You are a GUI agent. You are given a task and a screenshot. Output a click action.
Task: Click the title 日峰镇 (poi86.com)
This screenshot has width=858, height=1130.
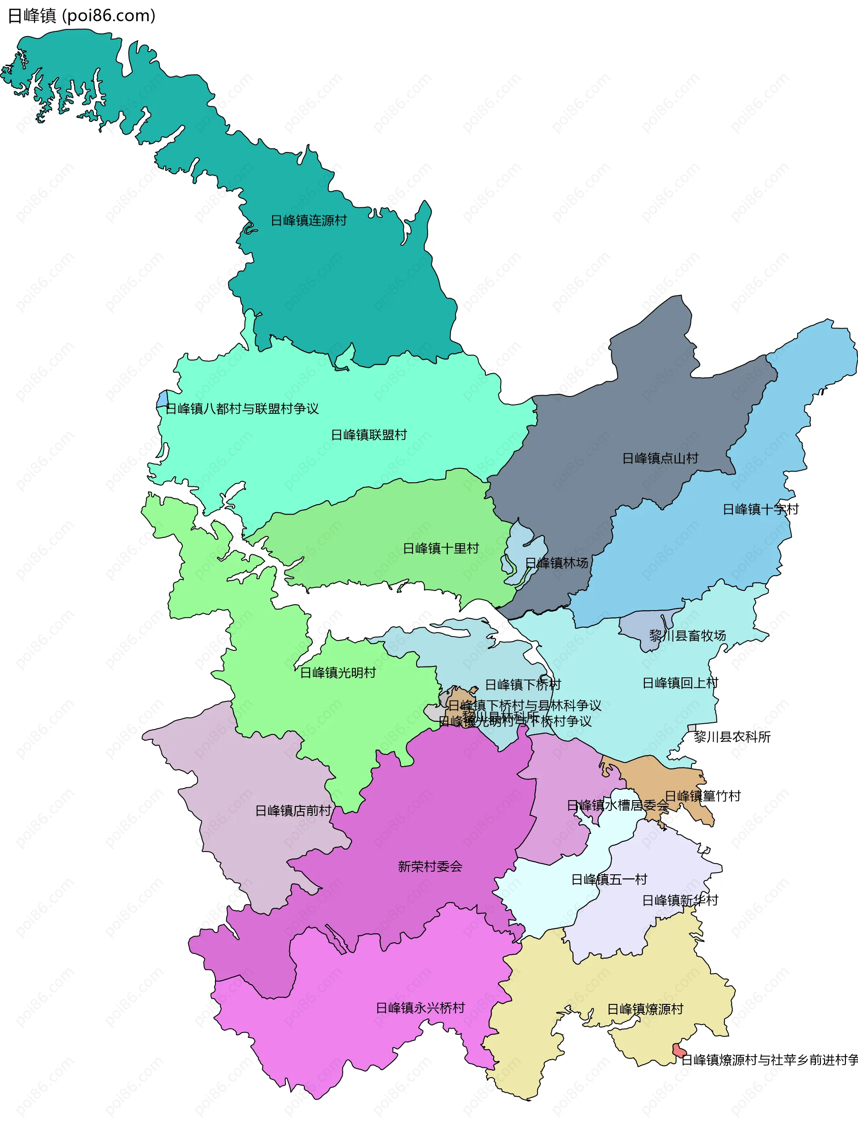coord(82,16)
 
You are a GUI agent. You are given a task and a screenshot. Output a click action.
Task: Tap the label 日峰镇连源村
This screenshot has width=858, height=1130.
coord(308,221)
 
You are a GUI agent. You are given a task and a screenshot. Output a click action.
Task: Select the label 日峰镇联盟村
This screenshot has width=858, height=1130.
coord(369,435)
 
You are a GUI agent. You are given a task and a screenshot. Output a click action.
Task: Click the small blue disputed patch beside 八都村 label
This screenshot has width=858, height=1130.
coord(162,398)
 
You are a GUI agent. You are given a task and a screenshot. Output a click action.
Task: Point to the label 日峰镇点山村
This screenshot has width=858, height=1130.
coord(660,458)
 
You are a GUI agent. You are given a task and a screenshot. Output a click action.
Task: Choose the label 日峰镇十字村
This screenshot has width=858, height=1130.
coord(760,509)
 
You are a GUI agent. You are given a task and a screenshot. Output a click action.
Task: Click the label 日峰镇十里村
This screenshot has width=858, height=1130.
coord(441,548)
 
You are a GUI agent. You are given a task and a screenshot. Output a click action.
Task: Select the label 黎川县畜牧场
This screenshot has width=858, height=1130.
coord(687,636)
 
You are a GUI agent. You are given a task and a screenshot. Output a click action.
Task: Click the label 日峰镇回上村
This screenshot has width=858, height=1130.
coord(680,683)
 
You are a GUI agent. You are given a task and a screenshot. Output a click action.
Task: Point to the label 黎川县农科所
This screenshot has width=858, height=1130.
coord(732,737)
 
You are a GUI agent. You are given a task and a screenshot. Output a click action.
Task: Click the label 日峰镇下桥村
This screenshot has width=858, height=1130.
coord(522,684)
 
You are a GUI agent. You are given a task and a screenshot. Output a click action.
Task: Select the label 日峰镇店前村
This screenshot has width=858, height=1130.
coord(293,811)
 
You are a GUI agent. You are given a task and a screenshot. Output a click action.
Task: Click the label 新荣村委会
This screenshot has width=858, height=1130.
coord(430,866)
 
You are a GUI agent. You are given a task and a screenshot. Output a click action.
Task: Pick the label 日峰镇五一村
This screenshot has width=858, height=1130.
coord(609,879)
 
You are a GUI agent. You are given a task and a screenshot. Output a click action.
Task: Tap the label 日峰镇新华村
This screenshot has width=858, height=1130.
coord(680,900)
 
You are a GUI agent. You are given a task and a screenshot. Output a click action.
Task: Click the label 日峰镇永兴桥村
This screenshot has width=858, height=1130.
coord(421,1008)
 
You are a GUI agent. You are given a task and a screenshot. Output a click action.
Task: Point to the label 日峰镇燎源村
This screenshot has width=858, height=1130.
coord(644,1009)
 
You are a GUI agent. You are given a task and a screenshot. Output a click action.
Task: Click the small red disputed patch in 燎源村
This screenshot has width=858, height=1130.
coord(679,1050)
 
